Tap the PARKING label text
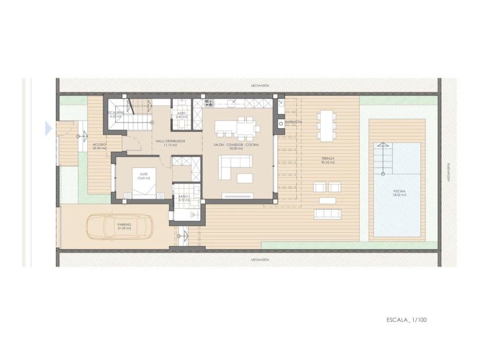pos(124,224)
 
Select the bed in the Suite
pos(141,180)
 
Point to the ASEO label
pos(181,114)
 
